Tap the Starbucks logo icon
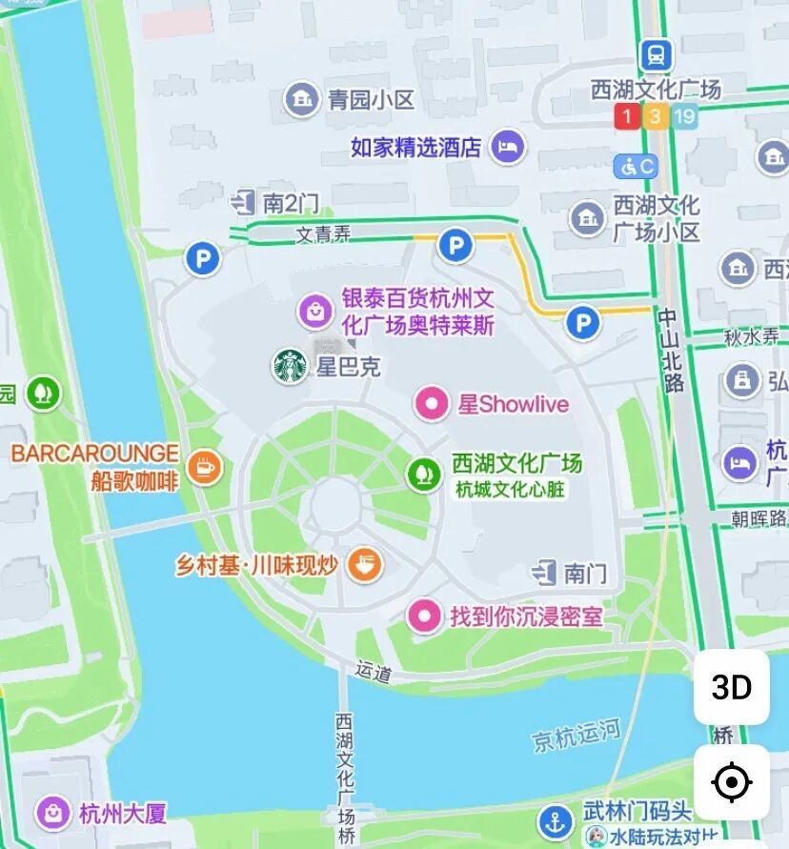coord(290,366)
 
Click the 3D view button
coord(731,687)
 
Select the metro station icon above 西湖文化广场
coord(656,54)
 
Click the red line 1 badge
coord(626,117)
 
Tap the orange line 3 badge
coord(655,117)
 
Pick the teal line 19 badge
coord(683,117)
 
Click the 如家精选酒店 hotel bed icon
coord(508,147)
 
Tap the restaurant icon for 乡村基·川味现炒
coord(364,564)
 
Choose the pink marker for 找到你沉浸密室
coord(424,616)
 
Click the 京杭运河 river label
coord(576,735)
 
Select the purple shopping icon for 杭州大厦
coord(53,813)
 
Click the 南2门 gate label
coord(290,202)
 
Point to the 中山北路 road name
coord(673,351)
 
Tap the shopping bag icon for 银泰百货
coord(314,311)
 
